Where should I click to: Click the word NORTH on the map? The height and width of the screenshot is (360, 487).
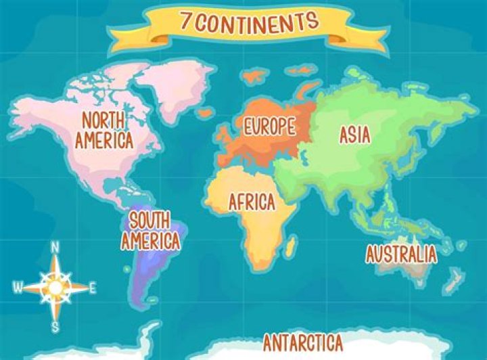103,120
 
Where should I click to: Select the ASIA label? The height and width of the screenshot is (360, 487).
354,135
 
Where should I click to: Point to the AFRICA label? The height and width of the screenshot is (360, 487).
252,201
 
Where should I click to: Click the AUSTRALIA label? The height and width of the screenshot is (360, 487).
401,254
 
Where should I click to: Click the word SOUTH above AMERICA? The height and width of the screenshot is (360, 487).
149,220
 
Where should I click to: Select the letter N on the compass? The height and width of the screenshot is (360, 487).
55,247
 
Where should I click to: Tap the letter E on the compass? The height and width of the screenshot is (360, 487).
93,288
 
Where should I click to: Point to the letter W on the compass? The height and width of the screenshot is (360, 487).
17,288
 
